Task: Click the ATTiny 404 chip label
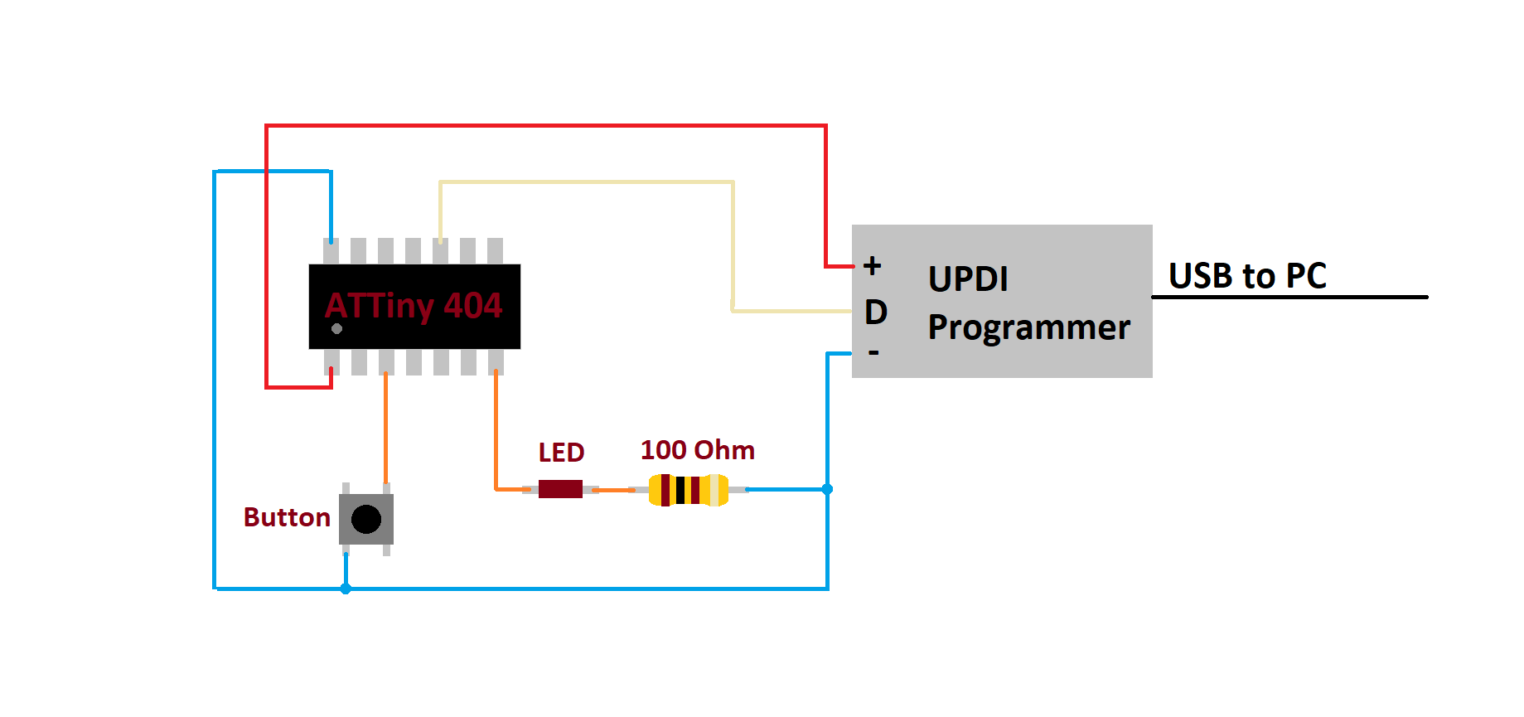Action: point(414,306)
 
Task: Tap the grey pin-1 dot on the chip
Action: point(336,329)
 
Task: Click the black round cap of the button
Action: point(366,520)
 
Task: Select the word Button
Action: point(287,517)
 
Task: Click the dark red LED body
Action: point(560,489)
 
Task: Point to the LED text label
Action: point(561,453)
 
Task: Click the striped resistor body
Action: point(689,490)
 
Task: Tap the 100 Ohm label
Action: point(698,450)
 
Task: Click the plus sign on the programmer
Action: point(872,266)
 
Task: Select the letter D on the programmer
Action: point(876,312)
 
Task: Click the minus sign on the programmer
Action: point(873,353)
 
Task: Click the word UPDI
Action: point(968,279)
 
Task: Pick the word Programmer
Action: point(1028,327)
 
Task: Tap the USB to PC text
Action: point(1247,276)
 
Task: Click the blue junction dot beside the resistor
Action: point(827,489)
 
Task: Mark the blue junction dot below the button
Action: point(346,589)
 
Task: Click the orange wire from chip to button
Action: point(385,429)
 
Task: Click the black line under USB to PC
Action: point(1289,297)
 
